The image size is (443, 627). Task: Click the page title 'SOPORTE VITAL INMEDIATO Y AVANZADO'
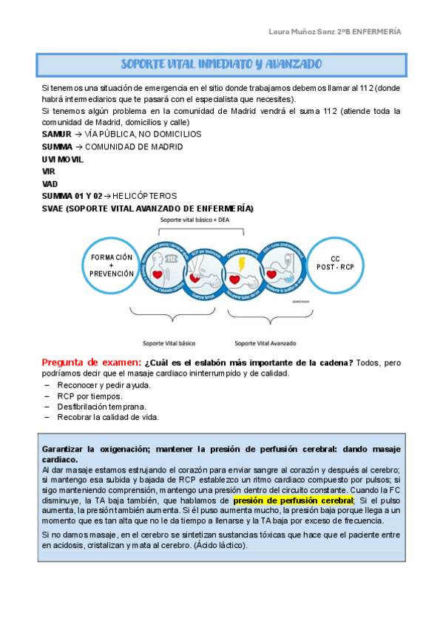tap(221, 64)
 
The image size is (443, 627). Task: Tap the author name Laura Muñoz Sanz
tap(300, 32)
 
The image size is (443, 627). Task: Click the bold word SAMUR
tap(57, 135)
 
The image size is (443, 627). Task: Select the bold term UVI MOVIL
tap(63, 159)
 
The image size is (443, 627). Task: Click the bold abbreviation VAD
tap(50, 183)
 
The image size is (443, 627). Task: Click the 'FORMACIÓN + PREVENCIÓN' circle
tap(112, 265)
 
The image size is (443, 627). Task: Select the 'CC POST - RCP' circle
tap(335, 265)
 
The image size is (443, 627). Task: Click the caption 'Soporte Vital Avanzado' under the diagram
tap(264, 343)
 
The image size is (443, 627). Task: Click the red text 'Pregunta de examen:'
tap(91, 362)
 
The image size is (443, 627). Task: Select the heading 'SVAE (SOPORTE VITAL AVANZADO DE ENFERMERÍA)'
tap(147, 209)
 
